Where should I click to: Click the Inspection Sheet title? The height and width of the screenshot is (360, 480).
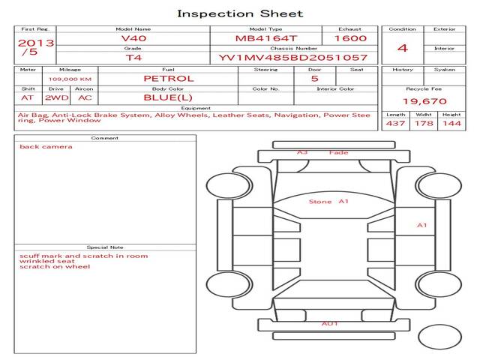tap(240, 13)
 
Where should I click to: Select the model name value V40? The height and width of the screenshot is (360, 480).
tap(133, 38)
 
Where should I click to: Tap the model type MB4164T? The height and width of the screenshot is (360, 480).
tap(266, 38)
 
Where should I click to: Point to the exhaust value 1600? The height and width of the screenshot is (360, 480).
tap(350, 38)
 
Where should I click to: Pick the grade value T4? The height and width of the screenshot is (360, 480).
tap(133, 58)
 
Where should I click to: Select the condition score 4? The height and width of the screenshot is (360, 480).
tap(403, 48)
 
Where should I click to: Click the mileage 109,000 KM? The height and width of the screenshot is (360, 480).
tap(70, 79)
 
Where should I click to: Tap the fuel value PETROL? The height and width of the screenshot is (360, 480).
tap(169, 79)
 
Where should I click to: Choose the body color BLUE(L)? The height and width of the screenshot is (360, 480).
tap(169, 97)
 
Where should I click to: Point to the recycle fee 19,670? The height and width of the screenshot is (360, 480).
tap(424, 101)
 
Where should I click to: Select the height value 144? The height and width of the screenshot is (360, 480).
tap(451, 123)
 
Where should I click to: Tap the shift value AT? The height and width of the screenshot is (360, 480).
tap(28, 97)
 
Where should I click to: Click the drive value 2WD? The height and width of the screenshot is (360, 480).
tap(55, 97)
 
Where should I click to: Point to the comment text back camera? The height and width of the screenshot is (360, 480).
tap(46, 146)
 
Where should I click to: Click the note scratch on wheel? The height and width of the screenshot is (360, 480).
tap(55, 267)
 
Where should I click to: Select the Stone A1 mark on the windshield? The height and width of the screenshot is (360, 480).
tap(329, 202)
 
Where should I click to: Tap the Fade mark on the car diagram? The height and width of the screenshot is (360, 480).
tap(339, 153)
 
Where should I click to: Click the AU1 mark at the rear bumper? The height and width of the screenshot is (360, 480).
tap(330, 323)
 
